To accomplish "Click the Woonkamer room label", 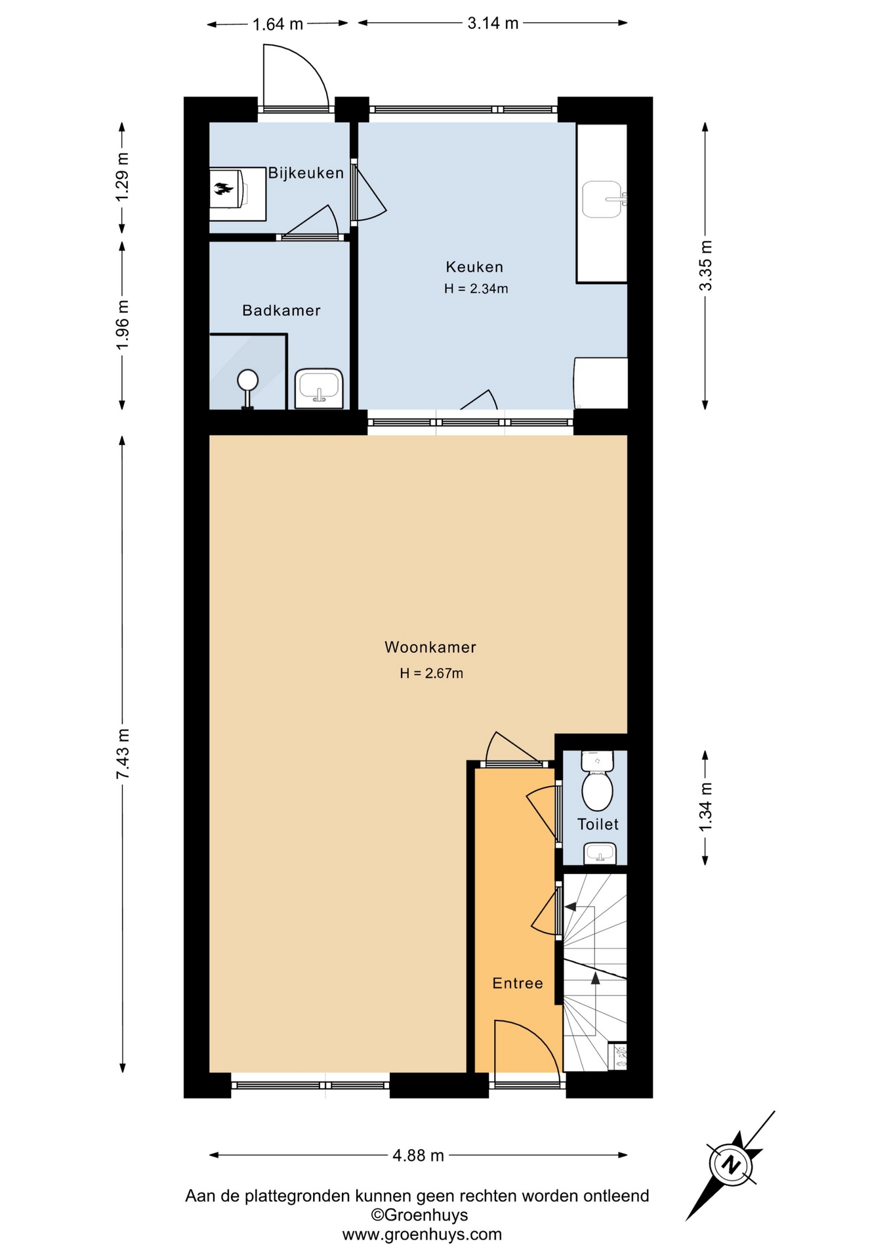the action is pos(430,647).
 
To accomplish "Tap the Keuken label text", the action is pos(474,266).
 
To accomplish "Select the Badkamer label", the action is pos(281,310).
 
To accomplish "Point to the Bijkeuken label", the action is pos(306,173).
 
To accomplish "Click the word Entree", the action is pos(518,983).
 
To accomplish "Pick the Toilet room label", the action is pos(598,824).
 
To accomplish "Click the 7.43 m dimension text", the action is pos(123,754).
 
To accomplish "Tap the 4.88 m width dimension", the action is pos(419,1156).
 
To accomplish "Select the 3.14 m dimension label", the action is pos(493,24).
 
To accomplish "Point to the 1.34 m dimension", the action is pos(705,807).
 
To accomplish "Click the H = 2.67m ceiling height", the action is pos(432,673).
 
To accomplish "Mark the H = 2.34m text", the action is pos(476,289).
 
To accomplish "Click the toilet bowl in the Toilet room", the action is pos(597,781).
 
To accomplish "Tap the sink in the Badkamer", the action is pos(319,388).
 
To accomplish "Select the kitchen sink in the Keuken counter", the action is pos(603,199).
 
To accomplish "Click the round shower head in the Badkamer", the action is pos(248,380).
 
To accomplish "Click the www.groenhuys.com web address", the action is pos(422,1234).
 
